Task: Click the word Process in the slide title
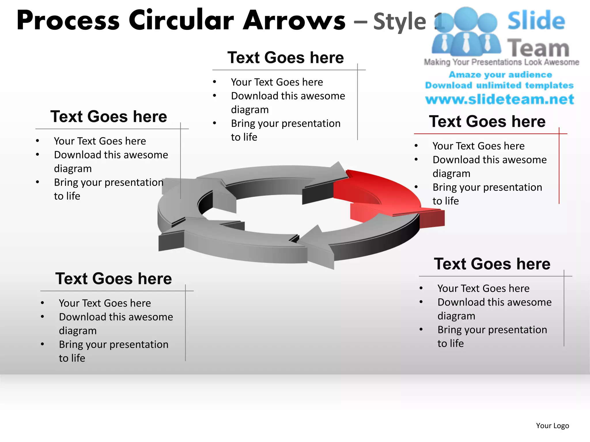click(x=68, y=21)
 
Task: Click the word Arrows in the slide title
click(x=294, y=21)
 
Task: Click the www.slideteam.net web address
click(x=500, y=99)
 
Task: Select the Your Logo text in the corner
click(x=552, y=426)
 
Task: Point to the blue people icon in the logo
click(x=466, y=32)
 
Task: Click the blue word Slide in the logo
click(x=536, y=21)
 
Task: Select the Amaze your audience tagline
click(x=500, y=75)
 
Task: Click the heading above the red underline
click(x=487, y=121)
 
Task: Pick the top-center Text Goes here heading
click(x=285, y=58)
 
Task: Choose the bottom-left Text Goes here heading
click(x=114, y=279)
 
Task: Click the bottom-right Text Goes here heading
click(x=492, y=264)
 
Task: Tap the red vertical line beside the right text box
click(x=559, y=167)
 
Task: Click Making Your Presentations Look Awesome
click(x=501, y=62)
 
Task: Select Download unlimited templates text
click(x=499, y=85)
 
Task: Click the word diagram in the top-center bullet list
click(x=250, y=110)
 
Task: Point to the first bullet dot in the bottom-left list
click(x=42, y=303)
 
